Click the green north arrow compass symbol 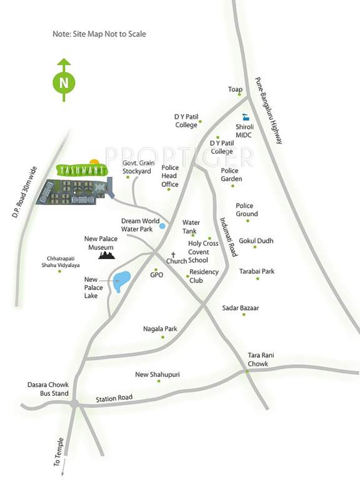(62, 81)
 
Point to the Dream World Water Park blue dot (162, 226)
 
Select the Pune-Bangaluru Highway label (269, 111)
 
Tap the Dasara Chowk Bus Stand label (44, 389)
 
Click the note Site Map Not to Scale (99, 34)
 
